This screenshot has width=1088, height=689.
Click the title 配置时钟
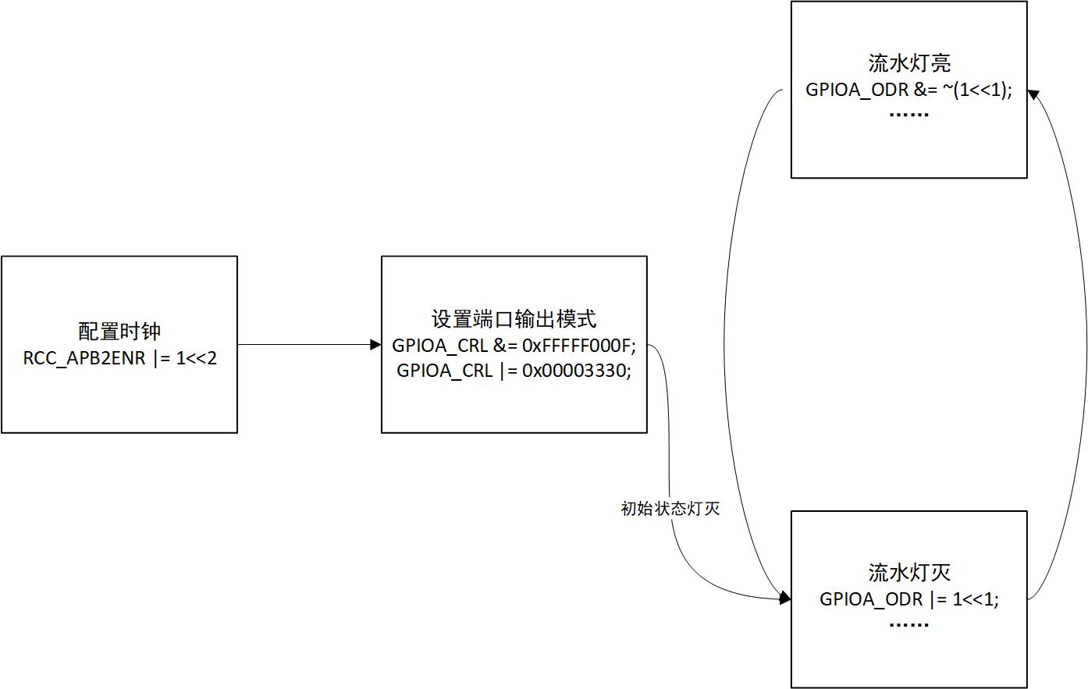tap(119, 331)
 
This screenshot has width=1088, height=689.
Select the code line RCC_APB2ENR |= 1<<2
tap(119, 358)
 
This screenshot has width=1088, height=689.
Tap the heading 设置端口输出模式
tap(514, 318)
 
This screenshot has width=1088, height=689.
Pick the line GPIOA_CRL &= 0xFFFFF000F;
tap(514, 345)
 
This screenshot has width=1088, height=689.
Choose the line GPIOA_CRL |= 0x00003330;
tap(514, 370)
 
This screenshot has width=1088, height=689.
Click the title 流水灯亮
tap(908, 62)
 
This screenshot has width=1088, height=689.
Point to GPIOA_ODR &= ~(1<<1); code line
tap(908, 89)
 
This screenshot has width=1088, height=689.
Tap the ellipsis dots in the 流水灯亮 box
tap(908, 115)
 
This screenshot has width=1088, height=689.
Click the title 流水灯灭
tap(908, 572)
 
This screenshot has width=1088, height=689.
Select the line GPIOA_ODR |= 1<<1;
tap(908, 598)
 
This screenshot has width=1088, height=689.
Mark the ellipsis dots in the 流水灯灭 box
tap(908, 624)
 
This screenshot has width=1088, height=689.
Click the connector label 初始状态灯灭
tap(670, 509)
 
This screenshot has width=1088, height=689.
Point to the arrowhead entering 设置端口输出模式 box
tap(375, 344)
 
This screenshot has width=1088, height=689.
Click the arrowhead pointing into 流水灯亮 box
tap(1033, 94)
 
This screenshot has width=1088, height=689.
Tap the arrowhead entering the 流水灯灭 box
tap(785, 598)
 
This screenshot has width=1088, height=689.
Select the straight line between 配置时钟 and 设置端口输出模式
tap(304, 344)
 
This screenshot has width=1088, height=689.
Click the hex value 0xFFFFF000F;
tap(579, 345)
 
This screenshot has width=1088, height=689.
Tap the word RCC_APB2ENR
tap(84, 358)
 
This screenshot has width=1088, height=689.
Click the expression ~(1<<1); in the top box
tap(976, 89)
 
